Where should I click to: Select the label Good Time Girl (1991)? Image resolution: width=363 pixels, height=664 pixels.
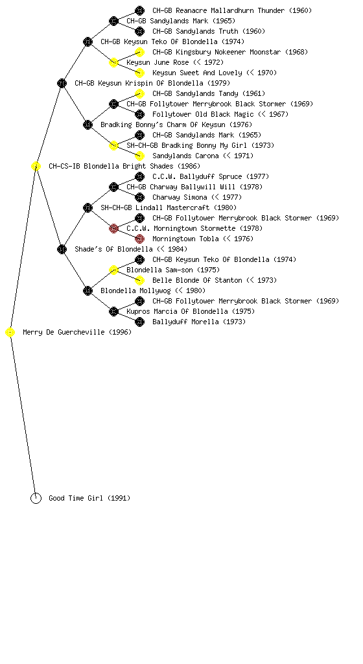[x=89, y=498]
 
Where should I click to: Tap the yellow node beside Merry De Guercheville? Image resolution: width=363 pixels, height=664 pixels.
[x=10, y=332]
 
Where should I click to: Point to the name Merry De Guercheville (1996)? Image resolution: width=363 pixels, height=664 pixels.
[x=77, y=332]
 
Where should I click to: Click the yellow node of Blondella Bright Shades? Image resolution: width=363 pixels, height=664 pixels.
[x=36, y=166]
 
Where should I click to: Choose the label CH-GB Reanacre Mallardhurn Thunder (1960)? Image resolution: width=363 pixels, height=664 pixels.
[x=232, y=10]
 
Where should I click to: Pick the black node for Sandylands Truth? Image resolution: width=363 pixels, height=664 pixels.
[x=139, y=31]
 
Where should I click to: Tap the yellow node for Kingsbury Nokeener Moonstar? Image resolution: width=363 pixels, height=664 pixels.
[x=139, y=52]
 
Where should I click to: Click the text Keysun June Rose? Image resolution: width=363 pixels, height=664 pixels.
[x=158, y=62]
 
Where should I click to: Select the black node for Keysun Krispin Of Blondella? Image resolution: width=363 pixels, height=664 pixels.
[x=62, y=83]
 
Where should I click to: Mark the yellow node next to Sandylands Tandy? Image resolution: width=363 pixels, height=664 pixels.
[x=139, y=93]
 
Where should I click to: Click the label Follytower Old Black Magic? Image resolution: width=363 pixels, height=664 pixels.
[x=203, y=114]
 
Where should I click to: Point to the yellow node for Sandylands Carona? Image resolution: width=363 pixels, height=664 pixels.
[x=139, y=156]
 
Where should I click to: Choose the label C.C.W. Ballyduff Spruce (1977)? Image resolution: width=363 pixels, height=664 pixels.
[x=211, y=176]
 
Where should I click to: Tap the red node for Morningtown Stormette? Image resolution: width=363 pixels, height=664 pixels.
[x=113, y=228]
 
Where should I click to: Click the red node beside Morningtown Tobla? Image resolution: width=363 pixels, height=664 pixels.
[x=139, y=239]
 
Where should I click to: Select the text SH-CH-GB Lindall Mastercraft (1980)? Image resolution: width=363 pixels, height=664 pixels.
[x=169, y=207]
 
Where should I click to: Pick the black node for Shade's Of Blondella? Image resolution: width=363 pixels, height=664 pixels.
[x=62, y=249]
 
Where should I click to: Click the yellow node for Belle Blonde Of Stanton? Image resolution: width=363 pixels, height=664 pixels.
[x=139, y=280]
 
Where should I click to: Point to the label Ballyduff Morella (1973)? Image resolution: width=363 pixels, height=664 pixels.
[x=199, y=322]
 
